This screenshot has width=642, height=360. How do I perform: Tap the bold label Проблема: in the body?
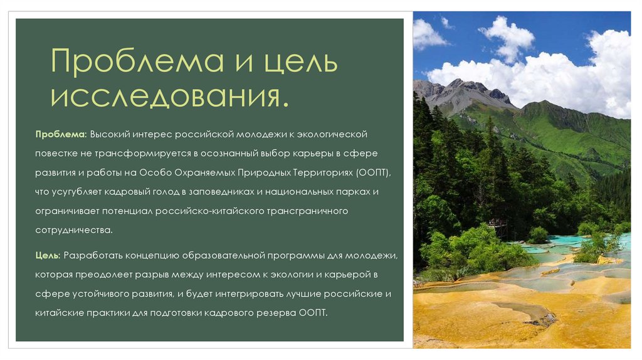coord(60,135)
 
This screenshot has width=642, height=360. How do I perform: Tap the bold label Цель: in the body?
coord(48,256)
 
